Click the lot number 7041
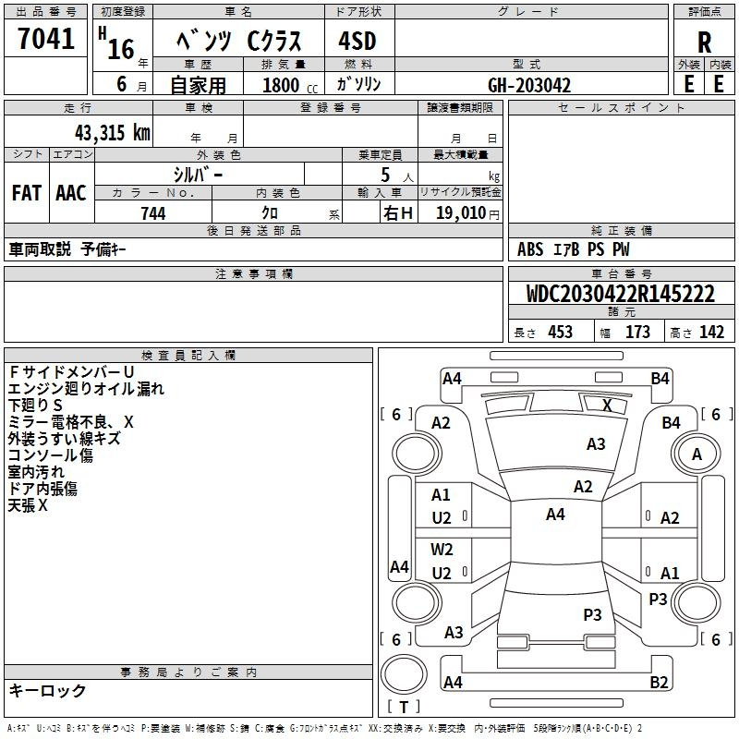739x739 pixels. pyautogui.click(x=46, y=39)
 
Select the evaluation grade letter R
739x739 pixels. pyautogui.click(x=704, y=42)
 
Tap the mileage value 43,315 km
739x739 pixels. pyautogui.click(x=112, y=133)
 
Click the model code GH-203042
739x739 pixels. pyautogui.click(x=529, y=85)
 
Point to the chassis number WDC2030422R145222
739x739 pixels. pyautogui.click(x=620, y=294)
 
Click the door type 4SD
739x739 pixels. pyautogui.click(x=357, y=41)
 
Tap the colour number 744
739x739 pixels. pyautogui.click(x=153, y=213)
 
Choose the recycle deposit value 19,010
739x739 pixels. pyautogui.click(x=461, y=212)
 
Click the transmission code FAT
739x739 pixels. pyautogui.click(x=27, y=193)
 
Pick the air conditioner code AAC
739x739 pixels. pyautogui.click(x=71, y=193)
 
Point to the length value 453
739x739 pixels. pyautogui.click(x=561, y=332)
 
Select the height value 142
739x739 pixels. pyautogui.click(x=711, y=332)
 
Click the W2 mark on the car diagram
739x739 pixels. pyautogui.click(x=442, y=550)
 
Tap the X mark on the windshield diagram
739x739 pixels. pyautogui.click(x=607, y=406)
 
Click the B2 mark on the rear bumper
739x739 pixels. pyautogui.click(x=659, y=682)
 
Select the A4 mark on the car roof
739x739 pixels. pyautogui.click(x=555, y=515)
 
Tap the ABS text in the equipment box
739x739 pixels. pyautogui.click(x=530, y=249)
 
